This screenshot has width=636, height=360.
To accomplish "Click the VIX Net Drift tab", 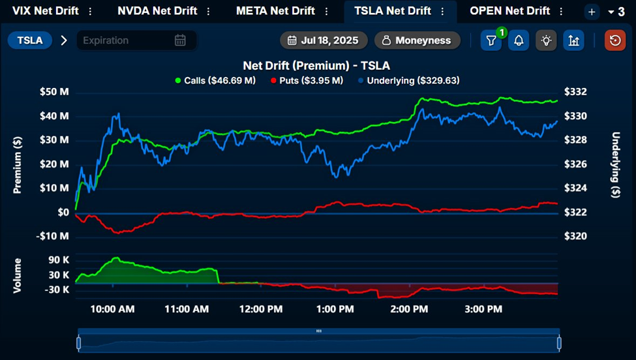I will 40,11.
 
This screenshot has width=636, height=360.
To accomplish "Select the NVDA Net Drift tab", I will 157,11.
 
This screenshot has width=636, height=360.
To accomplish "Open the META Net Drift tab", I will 275,11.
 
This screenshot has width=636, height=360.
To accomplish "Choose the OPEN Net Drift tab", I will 509,11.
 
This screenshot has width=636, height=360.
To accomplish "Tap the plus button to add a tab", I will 591,12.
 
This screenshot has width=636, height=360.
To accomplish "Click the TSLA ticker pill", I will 30,40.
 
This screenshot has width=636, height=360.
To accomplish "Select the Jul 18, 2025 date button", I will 324,40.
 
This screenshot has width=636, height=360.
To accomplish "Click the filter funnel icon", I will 491,40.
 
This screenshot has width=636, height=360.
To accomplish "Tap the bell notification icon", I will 519,40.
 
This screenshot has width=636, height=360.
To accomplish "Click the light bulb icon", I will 546,40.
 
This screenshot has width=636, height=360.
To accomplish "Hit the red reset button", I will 614,40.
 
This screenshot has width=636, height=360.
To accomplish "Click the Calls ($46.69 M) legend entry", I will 215,81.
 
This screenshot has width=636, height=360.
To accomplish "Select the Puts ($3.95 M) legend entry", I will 307,81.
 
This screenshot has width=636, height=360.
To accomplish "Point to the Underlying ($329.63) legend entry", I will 408,81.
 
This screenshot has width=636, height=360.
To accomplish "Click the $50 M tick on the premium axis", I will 55,92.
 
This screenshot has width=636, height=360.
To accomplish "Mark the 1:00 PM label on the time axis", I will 335,308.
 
